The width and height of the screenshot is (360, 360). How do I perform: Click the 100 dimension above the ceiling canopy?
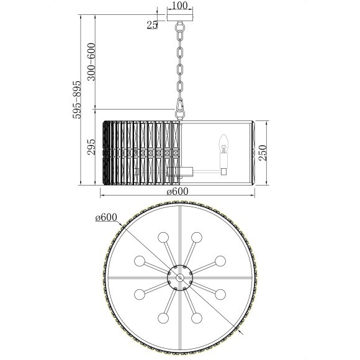click(180, 6)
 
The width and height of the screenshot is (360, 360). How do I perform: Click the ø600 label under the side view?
click(178, 191)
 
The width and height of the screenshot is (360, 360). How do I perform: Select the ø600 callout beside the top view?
click(106, 217)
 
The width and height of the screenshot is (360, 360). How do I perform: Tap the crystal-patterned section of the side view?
click(140, 150)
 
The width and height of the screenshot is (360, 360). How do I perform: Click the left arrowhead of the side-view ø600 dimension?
click(103, 196)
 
